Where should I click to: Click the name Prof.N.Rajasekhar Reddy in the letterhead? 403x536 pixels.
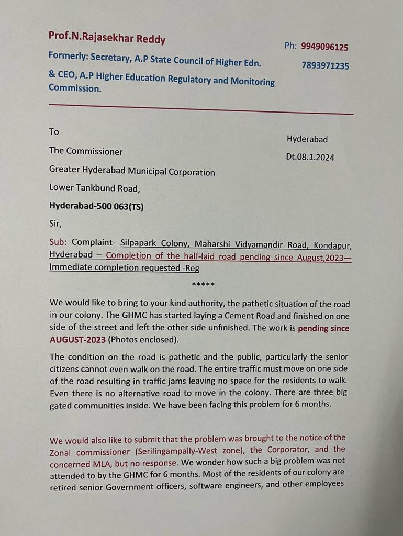pos(107,37)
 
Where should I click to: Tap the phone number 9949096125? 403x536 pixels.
pos(324,47)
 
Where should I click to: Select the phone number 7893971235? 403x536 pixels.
pos(325,66)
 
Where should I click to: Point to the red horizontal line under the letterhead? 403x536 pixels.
pos(201,109)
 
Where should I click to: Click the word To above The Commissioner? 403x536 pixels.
pos(54,132)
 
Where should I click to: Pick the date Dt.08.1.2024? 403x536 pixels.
pos(310,157)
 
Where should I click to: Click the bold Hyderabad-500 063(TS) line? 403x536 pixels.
pos(96,206)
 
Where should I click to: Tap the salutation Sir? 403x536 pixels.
pos(55,224)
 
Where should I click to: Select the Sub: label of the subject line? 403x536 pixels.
pos(59,242)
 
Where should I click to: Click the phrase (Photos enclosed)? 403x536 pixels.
pos(143,339)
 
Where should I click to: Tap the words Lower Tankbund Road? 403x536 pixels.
pos(94,187)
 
